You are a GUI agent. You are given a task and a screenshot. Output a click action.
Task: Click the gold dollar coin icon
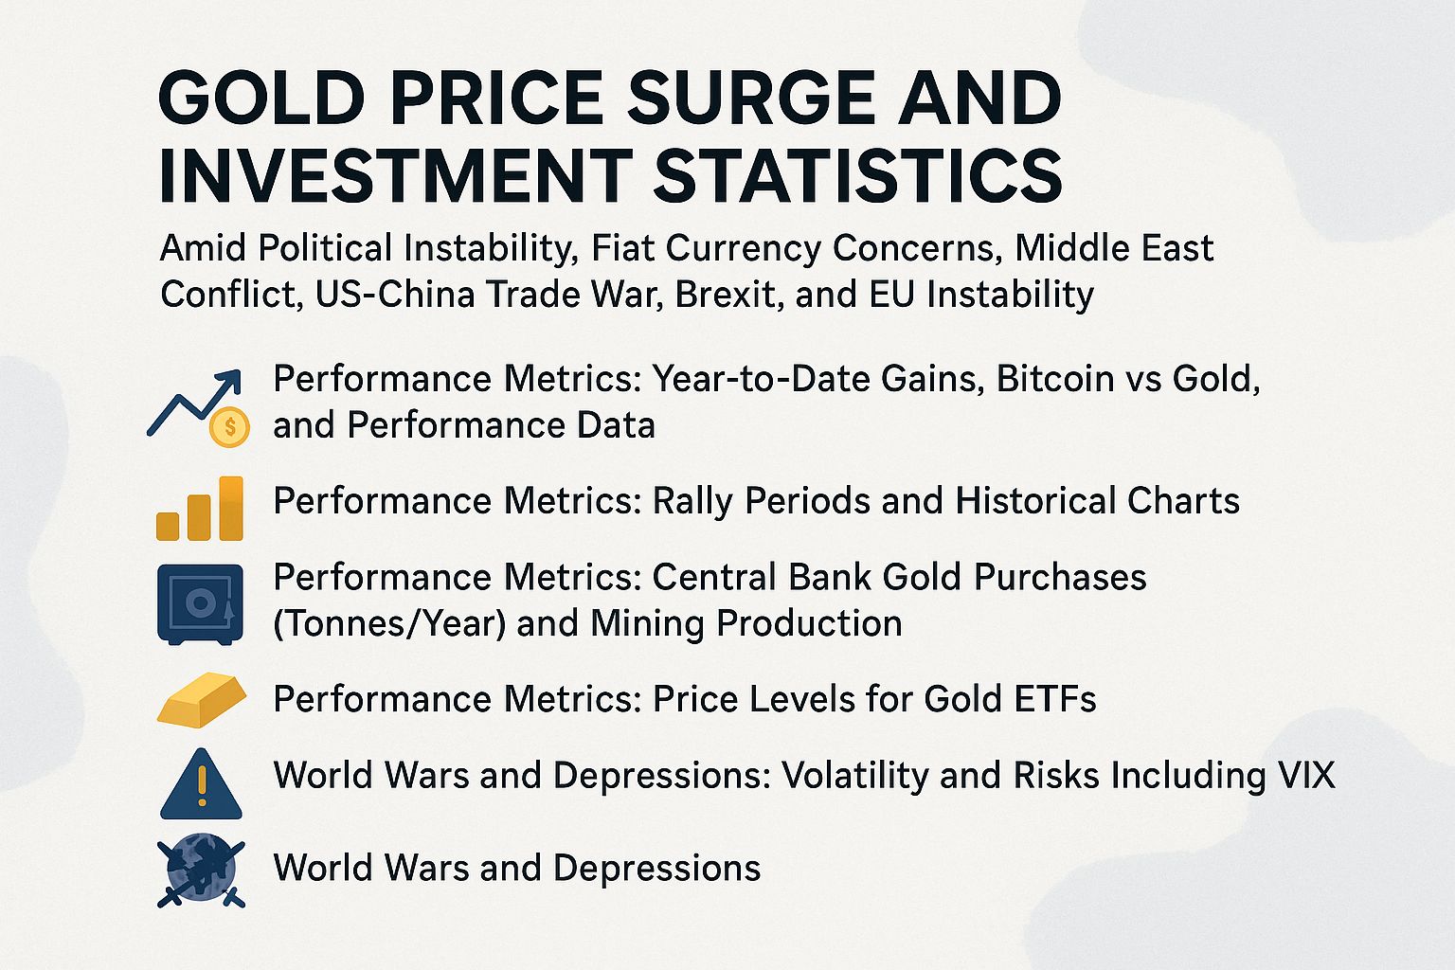(229, 428)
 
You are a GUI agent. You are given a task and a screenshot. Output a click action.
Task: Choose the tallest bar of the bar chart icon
(231, 508)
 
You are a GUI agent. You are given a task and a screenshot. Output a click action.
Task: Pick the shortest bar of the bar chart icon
(168, 526)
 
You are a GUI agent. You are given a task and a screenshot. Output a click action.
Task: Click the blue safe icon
(199, 604)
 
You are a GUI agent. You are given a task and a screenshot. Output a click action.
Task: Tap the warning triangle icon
(201, 785)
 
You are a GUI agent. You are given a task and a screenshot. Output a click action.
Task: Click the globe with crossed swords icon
(201, 870)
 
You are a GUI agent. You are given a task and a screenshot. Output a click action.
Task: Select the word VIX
(1304, 776)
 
